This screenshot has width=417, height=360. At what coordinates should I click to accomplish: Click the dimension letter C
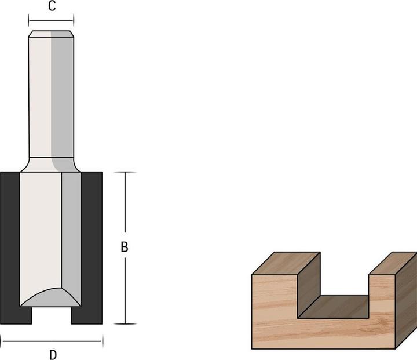click(x=52, y=7)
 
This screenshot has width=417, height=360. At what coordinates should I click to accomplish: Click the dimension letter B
click(x=125, y=247)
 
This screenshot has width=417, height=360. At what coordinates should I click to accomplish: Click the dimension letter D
click(x=52, y=354)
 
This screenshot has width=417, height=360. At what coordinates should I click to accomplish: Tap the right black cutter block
click(x=92, y=243)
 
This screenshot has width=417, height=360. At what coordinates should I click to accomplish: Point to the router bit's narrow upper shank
click(x=41, y=93)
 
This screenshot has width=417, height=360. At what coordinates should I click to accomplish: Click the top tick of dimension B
click(x=126, y=172)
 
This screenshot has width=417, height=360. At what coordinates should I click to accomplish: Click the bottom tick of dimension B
click(x=126, y=323)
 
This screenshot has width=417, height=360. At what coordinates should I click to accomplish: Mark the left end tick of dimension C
click(x=28, y=21)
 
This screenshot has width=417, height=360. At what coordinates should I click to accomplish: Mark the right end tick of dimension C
click(x=74, y=21)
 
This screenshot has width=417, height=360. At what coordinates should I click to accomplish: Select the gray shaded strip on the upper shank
click(x=61, y=93)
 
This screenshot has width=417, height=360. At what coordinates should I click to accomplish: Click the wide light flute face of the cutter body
click(x=41, y=232)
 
